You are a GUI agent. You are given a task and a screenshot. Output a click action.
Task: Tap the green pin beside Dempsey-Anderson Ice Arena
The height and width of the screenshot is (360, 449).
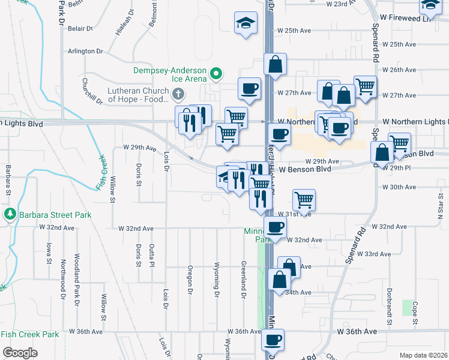[216, 74]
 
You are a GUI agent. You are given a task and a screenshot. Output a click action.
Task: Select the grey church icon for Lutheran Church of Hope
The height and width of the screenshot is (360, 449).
[178, 94]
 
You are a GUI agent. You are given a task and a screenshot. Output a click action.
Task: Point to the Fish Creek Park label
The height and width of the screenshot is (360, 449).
[30, 334]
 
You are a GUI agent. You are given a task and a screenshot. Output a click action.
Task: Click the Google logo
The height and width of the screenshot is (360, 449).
[20, 352]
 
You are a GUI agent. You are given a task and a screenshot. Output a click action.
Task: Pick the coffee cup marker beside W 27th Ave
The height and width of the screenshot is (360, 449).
[250, 89]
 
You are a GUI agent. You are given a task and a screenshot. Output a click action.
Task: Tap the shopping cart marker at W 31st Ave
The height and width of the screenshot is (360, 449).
[304, 200]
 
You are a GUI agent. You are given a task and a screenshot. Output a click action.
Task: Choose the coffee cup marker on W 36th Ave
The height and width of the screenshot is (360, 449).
[273, 340]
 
